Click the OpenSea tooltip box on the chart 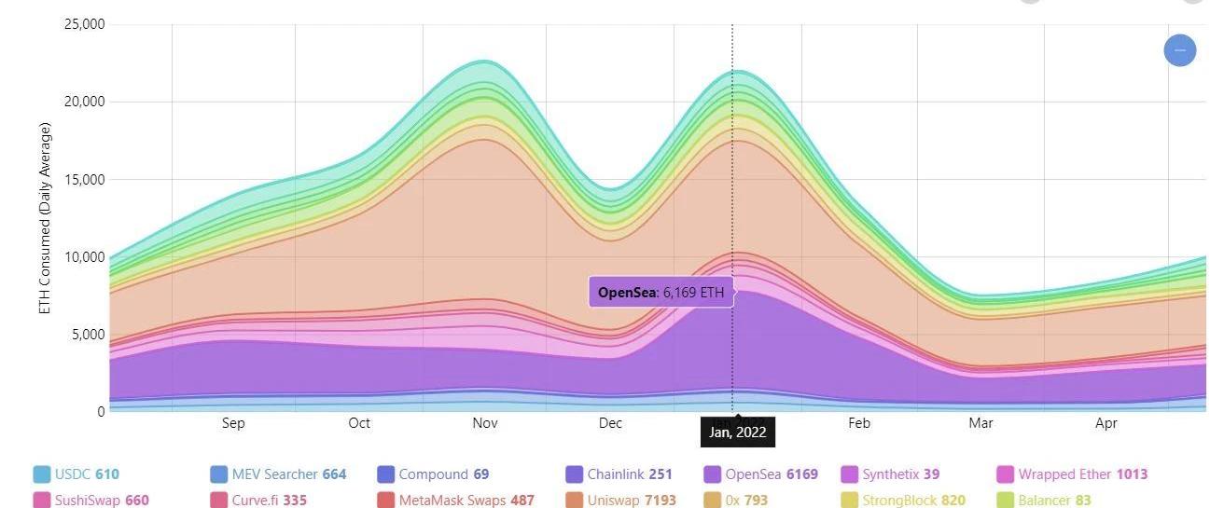click(x=661, y=293)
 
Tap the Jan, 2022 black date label click(x=737, y=432)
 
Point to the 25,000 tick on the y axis click(x=84, y=23)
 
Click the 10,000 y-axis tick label click(x=84, y=256)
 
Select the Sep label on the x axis click(x=233, y=423)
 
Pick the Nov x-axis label click(x=485, y=423)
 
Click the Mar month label click(x=981, y=423)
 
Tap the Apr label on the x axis click(x=1106, y=423)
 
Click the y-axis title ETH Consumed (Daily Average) click(x=46, y=217)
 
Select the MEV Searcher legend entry click(x=278, y=474)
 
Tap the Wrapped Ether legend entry click(x=1073, y=474)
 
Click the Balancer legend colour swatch click(x=1005, y=501)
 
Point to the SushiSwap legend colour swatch click(x=42, y=501)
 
